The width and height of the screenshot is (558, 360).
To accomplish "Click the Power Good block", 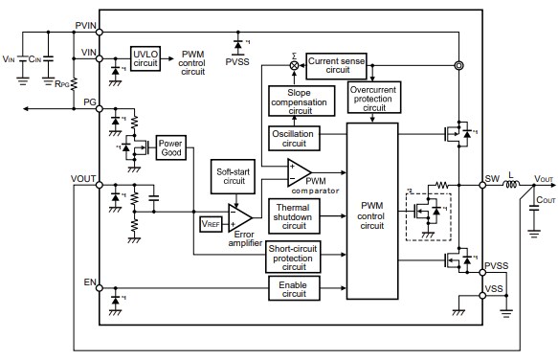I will pos(171,147).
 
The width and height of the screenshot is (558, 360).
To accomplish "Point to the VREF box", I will pos(210,224).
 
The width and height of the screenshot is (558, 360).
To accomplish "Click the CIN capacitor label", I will pos(37,59).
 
